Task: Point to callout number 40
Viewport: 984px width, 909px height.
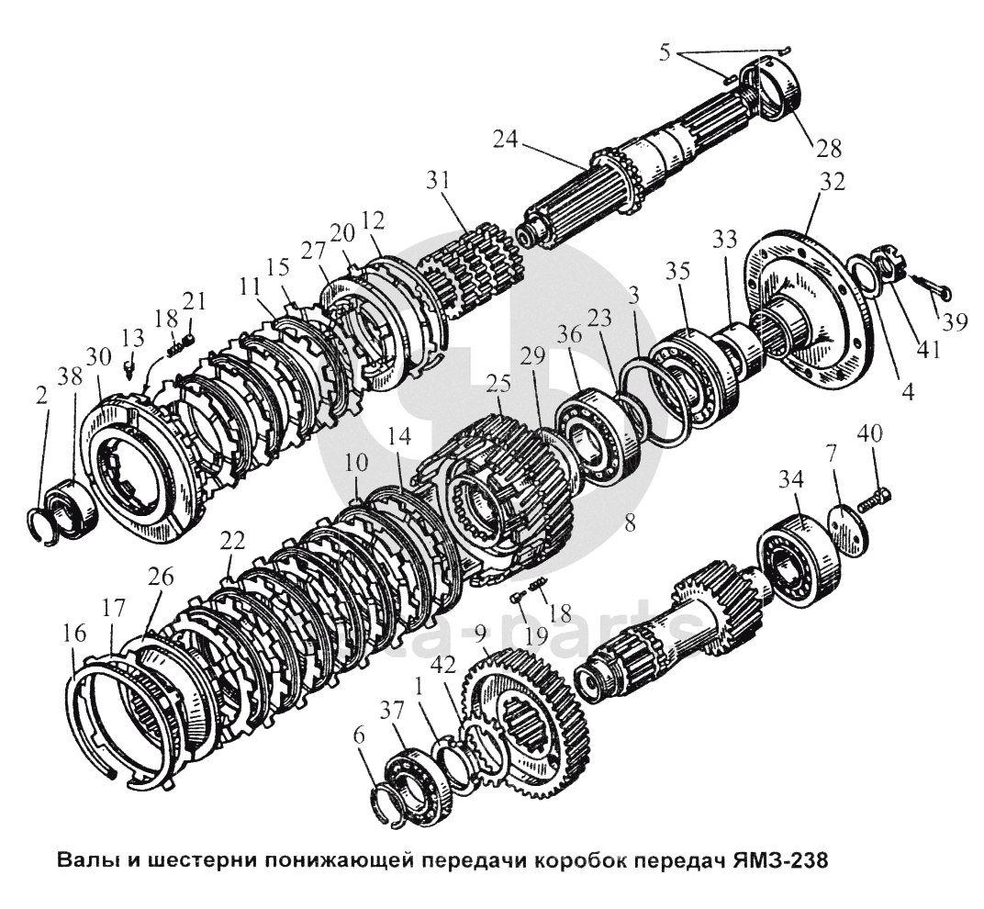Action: (x=871, y=432)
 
